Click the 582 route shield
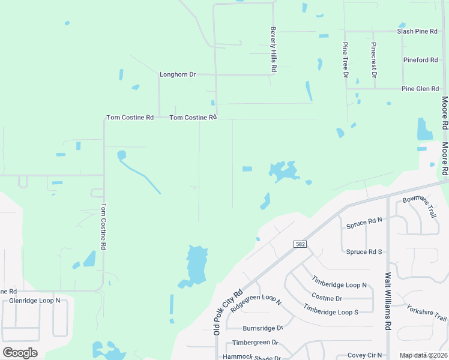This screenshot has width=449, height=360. (301, 244)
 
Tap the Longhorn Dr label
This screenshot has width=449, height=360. (178, 75)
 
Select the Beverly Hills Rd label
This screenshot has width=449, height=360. (273, 49)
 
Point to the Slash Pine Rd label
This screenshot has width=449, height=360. (417, 31)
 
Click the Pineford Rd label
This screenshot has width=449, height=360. (420, 60)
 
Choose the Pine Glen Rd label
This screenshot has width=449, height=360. (420, 89)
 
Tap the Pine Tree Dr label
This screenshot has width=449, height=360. (345, 60)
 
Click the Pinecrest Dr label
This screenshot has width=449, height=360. (373, 60)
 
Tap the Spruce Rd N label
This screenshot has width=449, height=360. (364, 225)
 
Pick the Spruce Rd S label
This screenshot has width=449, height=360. (364, 251)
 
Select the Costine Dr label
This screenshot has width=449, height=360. (327, 298)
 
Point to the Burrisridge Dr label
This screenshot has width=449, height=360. (262, 328)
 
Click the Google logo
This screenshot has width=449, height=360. (20, 352)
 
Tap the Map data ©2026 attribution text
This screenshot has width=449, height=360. (423, 355)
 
